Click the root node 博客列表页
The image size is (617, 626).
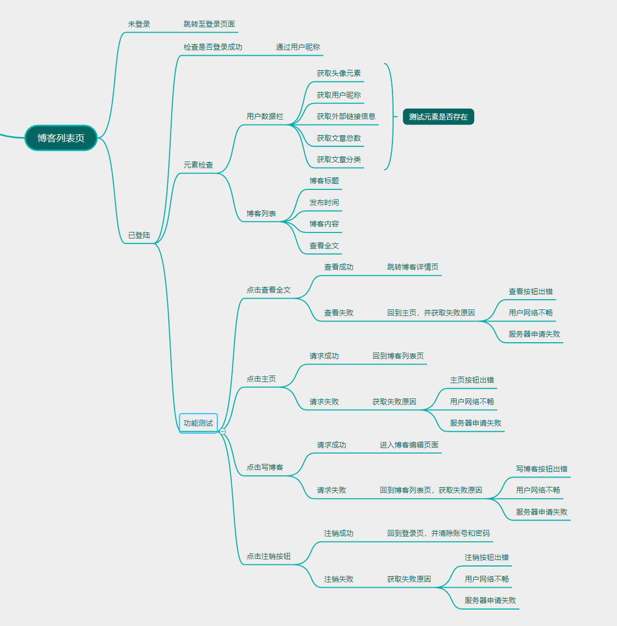pos(61,138)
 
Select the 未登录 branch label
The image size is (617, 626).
pos(139,24)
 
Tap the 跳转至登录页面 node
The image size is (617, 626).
pos(209,24)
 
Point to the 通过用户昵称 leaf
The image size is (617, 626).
pos(298,47)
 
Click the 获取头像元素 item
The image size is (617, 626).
pos(338,73)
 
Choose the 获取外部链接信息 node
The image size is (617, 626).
pos(346,116)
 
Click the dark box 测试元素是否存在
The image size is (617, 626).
pos(438,117)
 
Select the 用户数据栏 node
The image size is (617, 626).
pos(265,116)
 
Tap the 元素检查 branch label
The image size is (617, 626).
pos(198,165)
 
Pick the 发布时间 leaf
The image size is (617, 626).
pos(324,202)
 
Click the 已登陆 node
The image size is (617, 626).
pos(139,235)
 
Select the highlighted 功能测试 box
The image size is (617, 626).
pos(198,423)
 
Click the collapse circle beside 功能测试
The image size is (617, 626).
pos(222,431)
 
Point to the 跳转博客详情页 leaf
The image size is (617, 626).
pos(413,267)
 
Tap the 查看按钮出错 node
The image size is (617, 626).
pos(530,291)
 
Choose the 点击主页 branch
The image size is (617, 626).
pos(261,379)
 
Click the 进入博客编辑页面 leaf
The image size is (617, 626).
pos(409,445)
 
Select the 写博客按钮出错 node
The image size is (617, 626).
pos(542,469)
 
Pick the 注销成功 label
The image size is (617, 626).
pos(338,533)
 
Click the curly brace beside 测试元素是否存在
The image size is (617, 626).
pos(389,116)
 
